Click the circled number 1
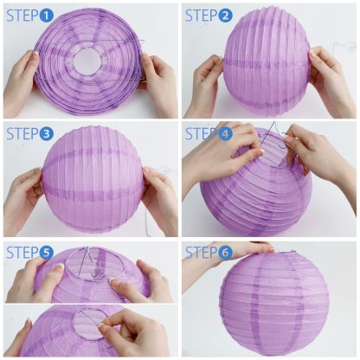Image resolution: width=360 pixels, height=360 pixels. (x=47, y=16)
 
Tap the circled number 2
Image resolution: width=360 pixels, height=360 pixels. (x=226, y=16)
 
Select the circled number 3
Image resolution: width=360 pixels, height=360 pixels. (x=47, y=134)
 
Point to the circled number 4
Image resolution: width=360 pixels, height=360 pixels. (x=226, y=134)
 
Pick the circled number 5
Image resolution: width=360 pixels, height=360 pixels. (x=47, y=253)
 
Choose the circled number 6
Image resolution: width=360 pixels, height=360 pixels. (x=226, y=253)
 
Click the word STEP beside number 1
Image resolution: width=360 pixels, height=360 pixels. (x=22, y=16)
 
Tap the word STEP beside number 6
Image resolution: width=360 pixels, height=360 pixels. (x=201, y=253)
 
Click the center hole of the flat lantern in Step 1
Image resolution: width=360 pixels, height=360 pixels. (x=87, y=60)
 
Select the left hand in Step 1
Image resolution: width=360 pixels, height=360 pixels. (x=19, y=83)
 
